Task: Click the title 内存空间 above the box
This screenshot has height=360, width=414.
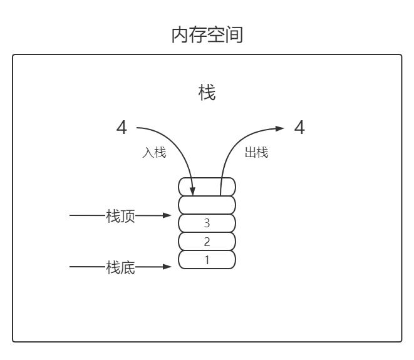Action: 207,36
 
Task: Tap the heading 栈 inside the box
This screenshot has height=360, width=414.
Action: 207,94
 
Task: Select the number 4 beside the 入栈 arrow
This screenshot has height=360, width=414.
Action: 122,128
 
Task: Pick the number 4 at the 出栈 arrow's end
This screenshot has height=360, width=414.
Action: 299,128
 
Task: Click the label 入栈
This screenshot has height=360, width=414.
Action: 154,153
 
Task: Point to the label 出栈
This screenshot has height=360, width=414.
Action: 256,153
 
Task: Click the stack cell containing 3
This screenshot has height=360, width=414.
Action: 207,223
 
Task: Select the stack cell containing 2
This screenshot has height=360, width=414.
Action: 207,241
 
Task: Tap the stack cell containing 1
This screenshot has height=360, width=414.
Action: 207,259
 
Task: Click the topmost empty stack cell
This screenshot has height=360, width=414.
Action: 207,187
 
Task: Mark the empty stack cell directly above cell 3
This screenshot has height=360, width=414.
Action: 207,205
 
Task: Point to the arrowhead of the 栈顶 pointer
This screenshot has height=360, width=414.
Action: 167,216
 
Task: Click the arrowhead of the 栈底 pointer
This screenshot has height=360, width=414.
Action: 167,267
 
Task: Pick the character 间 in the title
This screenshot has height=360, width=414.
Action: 234,36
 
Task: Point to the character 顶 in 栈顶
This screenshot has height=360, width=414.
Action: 128,217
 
